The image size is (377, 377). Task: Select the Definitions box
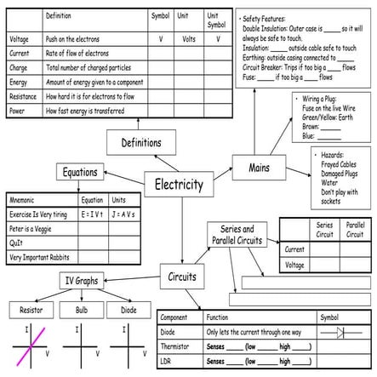point(140,142)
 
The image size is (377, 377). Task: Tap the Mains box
point(259,168)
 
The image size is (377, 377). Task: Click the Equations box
point(79,173)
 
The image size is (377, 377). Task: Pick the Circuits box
point(181,277)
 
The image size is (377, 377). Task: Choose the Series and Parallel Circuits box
point(237,235)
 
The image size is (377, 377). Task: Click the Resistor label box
point(32,310)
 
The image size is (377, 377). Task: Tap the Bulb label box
point(81,310)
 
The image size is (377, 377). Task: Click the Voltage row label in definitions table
point(19,39)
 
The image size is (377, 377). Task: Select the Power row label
point(18,111)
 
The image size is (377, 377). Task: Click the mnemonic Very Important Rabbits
point(41,256)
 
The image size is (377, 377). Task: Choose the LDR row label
point(168,362)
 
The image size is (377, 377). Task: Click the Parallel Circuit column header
point(354,230)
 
